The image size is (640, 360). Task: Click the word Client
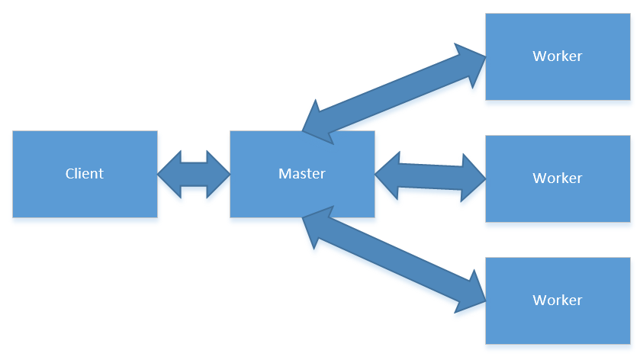(85, 174)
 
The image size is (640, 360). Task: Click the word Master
(302, 174)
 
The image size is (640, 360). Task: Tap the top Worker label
(558, 56)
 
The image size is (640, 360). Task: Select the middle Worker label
(558, 178)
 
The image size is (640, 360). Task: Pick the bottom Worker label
(558, 300)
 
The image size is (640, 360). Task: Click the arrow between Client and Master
(194, 175)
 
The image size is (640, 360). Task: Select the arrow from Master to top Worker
(394, 95)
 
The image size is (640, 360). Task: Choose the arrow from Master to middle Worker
(430, 176)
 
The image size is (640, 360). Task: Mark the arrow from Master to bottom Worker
(394, 259)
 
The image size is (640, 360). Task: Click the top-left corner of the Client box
(13, 131)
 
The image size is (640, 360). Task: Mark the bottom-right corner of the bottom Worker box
(630, 342)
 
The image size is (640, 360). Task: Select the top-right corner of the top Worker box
(630, 14)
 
